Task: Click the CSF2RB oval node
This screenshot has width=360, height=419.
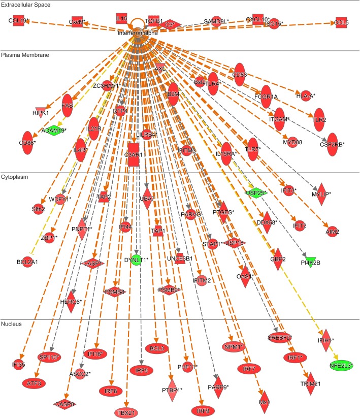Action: coord(333,144)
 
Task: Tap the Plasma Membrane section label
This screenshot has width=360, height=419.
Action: coord(23,54)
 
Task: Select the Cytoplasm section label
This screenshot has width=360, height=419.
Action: coord(15,177)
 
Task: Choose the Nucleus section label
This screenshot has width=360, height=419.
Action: coord(11,324)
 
